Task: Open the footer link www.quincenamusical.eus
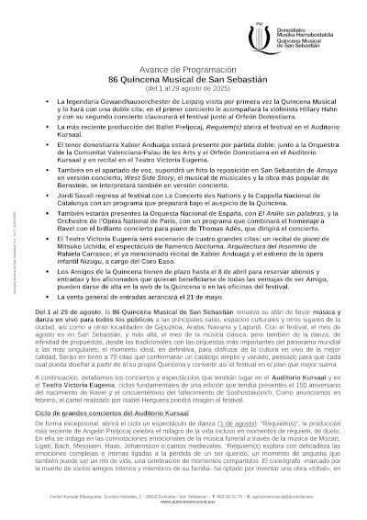[x=184, y=505]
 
